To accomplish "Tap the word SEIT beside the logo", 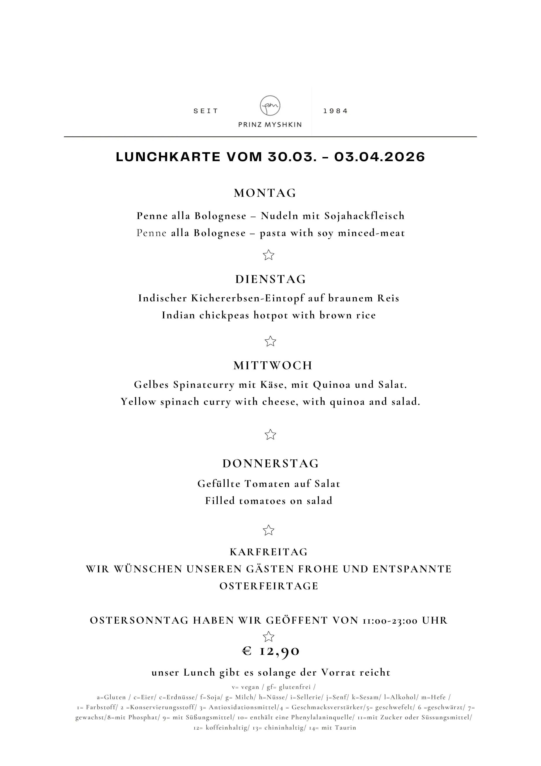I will click(x=206, y=111).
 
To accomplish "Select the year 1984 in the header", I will click(x=335, y=111).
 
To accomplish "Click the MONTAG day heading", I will click(x=265, y=193).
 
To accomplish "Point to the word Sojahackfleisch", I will click(x=365, y=216).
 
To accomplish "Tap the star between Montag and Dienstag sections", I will click(x=268, y=255).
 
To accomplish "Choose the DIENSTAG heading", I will click(x=271, y=279).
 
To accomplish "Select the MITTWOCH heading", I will click(x=273, y=366).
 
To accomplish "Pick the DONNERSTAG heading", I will click(x=271, y=463).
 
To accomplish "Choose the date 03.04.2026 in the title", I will click(x=379, y=157).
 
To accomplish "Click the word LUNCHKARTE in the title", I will click(x=168, y=157).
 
